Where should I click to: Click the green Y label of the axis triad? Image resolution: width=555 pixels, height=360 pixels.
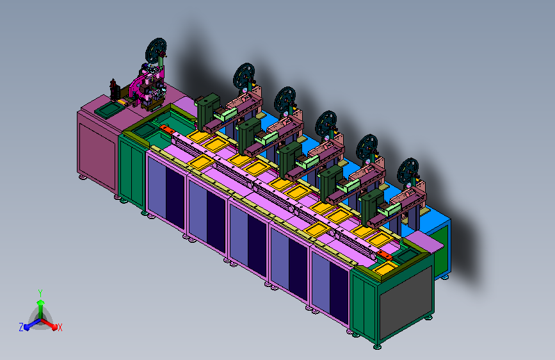tap(40, 293)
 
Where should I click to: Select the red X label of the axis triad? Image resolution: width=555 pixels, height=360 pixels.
tap(60, 327)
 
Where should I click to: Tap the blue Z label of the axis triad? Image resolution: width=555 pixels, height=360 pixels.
tap(21, 327)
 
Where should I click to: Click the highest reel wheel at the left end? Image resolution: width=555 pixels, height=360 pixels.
tap(156, 51)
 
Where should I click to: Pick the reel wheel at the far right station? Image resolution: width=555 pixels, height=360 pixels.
tap(408, 171)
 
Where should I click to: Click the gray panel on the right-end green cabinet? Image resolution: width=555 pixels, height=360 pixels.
tap(406, 303)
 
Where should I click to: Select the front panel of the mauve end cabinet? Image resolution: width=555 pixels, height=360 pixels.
tap(97, 155)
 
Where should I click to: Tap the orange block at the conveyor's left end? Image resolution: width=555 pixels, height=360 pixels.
tap(167, 129)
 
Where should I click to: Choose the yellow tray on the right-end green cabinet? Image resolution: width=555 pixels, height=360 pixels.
tap(385, 268)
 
